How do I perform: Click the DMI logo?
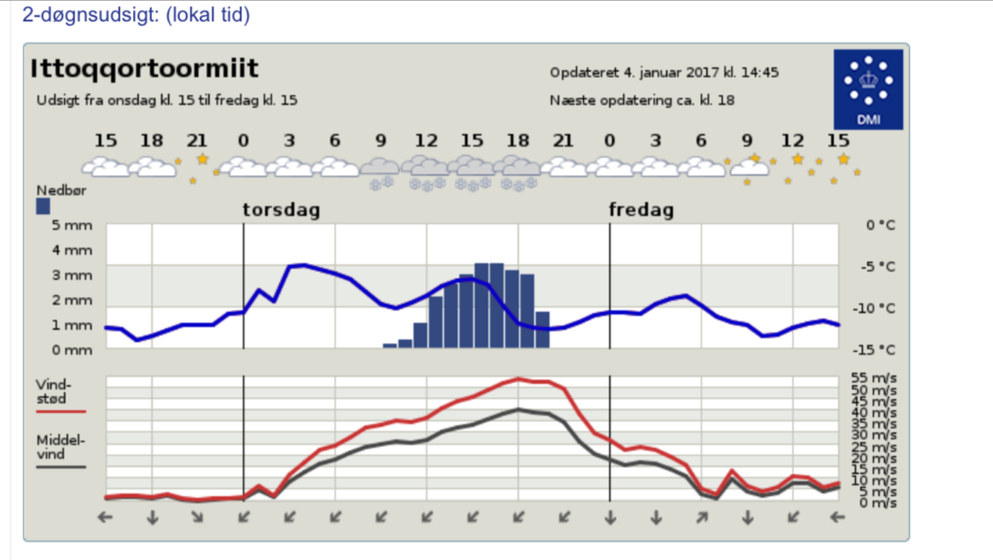[x=868, y=88]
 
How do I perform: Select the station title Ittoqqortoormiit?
[x=144, y=69]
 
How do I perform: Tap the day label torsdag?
[x=281, y=210]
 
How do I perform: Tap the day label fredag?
[x=642, y=210]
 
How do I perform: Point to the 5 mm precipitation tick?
[x=73, y=226]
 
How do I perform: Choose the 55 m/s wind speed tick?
[x=873, y=378]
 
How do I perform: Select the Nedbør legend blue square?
[x=43, y=206]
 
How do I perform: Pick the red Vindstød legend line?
[x=60, y=410]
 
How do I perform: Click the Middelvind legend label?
[x=60, y=447]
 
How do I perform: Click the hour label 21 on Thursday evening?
[x=564, y=140]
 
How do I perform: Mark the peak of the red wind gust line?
[x=518, y=379]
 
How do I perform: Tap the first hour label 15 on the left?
[x=106, y=140]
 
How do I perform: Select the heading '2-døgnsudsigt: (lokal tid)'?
[x=135, y=15]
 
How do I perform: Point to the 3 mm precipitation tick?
[x=73, y=276]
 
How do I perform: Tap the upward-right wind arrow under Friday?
[x=701, y=518]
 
